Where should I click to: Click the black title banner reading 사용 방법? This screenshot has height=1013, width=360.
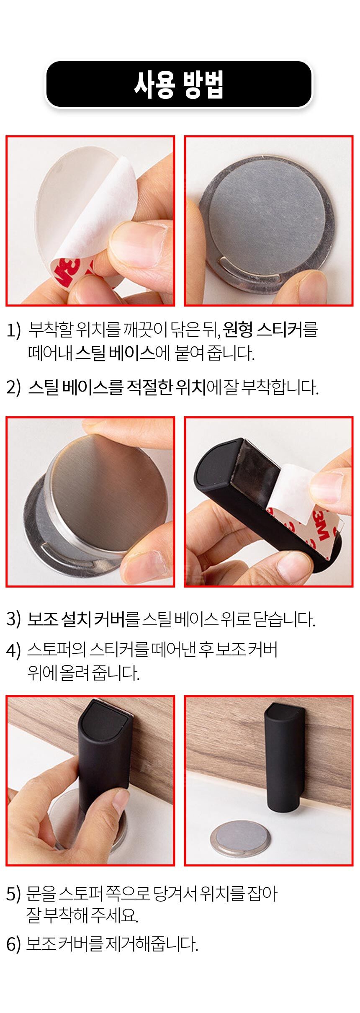tap(179, 85)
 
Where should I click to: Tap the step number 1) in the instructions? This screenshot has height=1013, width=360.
tap(13, 330)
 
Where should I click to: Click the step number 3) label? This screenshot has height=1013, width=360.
tap(13, 619)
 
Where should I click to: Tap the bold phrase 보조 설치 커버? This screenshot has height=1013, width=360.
tap(76, 619)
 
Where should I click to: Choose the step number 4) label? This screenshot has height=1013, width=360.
tap(13, 650)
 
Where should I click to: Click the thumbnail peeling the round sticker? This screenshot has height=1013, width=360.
tap(90, 221)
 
